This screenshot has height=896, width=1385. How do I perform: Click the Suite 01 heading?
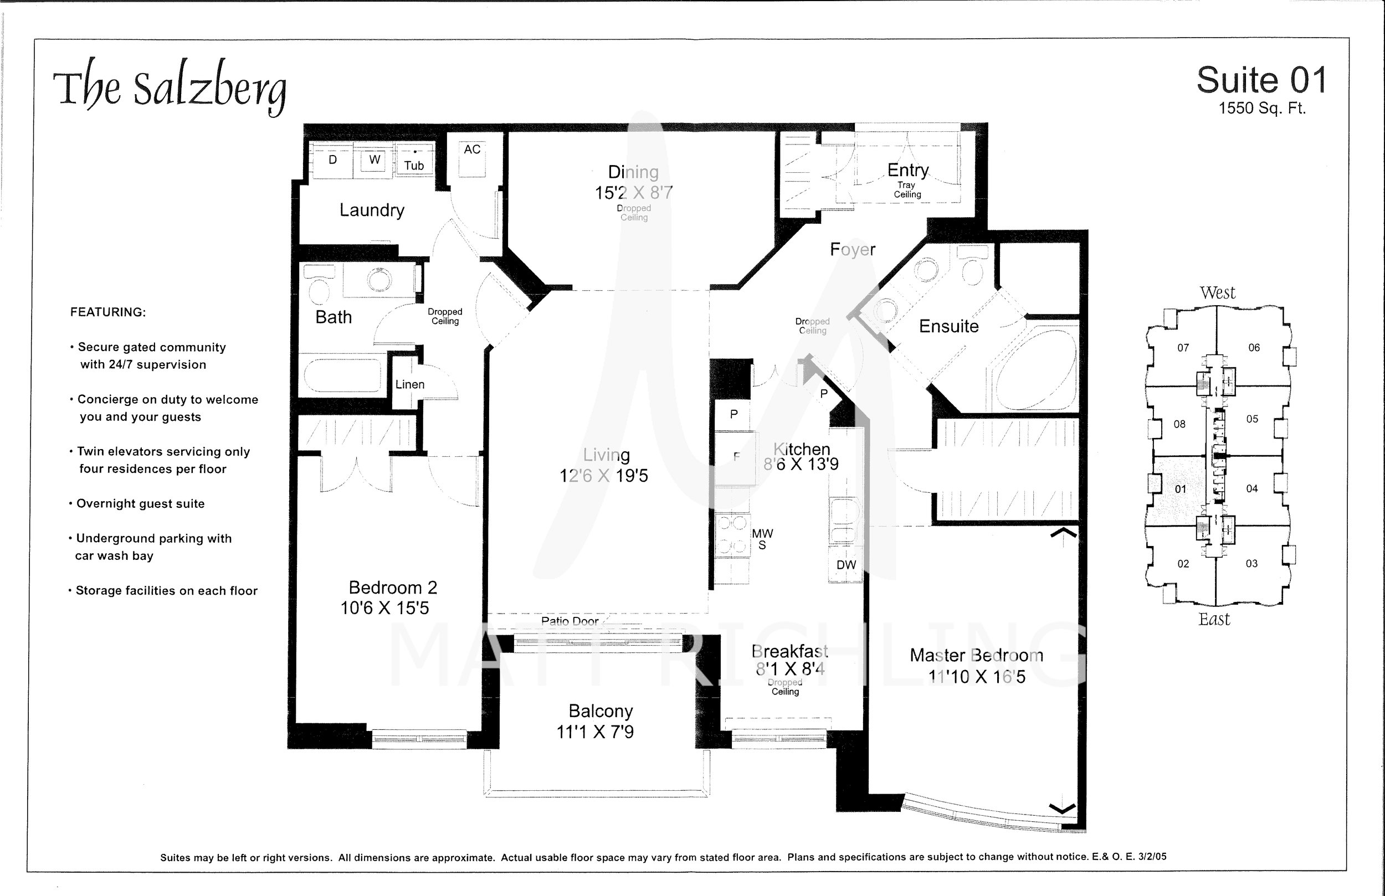click(x=1261, y=80)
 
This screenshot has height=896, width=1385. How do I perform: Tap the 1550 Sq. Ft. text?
click(x=1262, y=108)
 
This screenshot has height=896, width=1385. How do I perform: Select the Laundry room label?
click(x=372, y=210)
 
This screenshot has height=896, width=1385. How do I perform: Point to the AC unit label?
click(x=472, y=150)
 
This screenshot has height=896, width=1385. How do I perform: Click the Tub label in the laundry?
click(x=414, y=166)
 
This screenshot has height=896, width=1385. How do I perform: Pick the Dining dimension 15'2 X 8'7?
click(x=633, y=193)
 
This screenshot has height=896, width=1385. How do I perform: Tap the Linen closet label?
click(x=409, y=384)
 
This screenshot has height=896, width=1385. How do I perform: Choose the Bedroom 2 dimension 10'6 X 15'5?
click(x=384, y=608)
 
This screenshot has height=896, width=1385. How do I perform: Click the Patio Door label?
click(x=570, y=621)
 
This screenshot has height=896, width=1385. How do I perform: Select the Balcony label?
click(x=601, y=711)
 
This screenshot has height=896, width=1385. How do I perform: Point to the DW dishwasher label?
click(x=846, y=565)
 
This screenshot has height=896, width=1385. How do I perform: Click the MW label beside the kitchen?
click(x=762, y=533)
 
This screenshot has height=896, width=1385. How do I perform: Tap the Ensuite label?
click(x=948, y=326)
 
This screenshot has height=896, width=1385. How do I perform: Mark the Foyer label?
click(x=853, y=250)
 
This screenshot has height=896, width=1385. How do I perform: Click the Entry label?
click(x=908, y=170)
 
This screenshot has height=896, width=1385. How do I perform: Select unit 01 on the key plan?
click(x=1180, y=490)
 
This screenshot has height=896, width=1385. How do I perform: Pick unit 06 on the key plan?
click(x=1254, y=347)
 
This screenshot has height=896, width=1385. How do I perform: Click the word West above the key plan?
click(x=1217, y=292)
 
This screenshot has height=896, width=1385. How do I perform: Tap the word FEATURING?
click(x=107, y=312)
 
